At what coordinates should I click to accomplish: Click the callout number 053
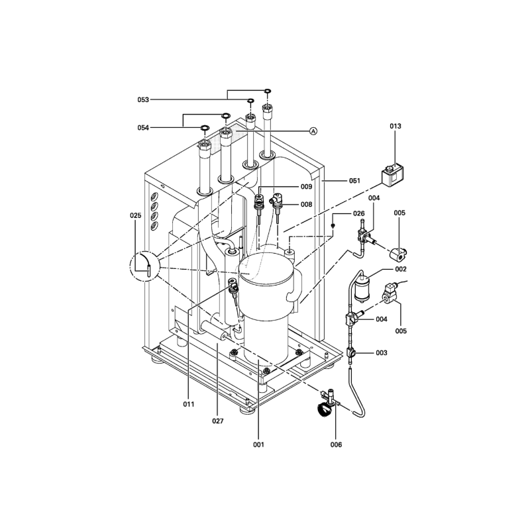(x=143, y=100)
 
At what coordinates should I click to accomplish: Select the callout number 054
(x=143, y=128)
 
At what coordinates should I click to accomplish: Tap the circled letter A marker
(x=313, y=131)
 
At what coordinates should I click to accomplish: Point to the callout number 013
(x=396, y=126)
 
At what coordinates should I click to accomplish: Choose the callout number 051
(x=354, y=181)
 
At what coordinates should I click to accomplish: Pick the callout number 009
(x=307, y=187)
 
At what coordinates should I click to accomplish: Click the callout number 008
(x=307, y=205)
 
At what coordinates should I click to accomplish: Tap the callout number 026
(x=358, y=213)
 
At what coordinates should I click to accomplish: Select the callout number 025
(x=136, y=216)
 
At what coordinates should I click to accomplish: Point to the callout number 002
(x=401, y=270)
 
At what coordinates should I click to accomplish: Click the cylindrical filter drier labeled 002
(x=362, y=288)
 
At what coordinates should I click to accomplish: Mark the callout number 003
(x=382, y=353)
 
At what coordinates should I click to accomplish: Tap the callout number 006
(x=336, y=445)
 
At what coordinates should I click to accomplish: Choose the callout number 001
(x=258, y=445)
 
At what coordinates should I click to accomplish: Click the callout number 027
(x=218, y=421)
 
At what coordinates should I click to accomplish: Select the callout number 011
(x=189, y=404)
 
